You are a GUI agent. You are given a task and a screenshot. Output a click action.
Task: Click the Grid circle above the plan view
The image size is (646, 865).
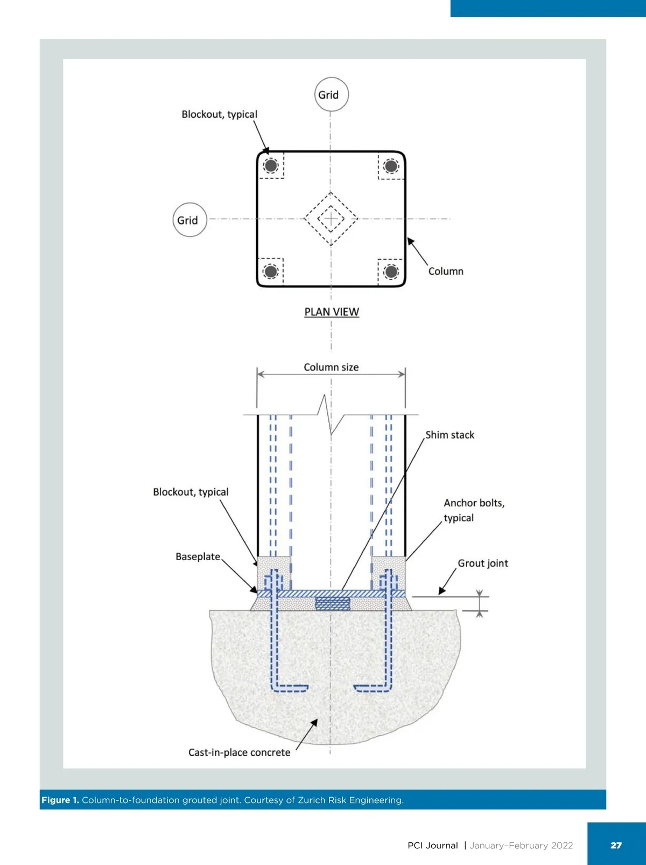pos(331,94)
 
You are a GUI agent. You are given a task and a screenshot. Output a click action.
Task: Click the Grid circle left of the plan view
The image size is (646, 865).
pos(189,220)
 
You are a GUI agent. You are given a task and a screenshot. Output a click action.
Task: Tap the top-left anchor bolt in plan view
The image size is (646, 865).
pos(271,165)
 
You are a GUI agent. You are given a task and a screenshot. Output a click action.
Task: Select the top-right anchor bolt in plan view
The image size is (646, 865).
pos(391,165)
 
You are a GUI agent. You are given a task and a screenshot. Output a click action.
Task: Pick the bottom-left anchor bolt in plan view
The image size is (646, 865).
pos(271,271)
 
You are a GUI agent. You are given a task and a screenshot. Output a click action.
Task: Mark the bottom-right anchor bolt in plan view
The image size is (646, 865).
pos(391,271)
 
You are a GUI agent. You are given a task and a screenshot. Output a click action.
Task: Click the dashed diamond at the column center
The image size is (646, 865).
pos(331,219)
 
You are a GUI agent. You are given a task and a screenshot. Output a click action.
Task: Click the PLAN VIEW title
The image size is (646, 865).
pos(332,312)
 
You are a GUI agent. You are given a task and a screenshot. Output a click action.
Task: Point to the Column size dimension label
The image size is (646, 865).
pos(331,367)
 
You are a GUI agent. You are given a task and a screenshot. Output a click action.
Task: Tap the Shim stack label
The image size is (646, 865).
pos(450,435)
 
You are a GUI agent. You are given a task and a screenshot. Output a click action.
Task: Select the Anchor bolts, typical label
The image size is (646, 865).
pos(474,510)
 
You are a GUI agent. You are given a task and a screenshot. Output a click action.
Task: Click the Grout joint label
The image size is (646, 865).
pos(482,563)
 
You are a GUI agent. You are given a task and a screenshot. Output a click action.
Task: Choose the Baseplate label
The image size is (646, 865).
pos(198,556)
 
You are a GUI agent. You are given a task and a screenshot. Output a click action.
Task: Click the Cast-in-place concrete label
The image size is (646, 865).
pos(239,752)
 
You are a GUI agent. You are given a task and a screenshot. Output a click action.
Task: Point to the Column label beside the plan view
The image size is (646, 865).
pos(446,271)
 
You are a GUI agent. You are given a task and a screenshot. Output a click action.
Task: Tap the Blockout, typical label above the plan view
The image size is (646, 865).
pos(219,114)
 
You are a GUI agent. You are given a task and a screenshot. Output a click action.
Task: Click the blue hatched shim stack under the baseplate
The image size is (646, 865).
pos(332,603)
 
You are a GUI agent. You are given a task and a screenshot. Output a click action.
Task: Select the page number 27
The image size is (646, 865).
pos(616,845)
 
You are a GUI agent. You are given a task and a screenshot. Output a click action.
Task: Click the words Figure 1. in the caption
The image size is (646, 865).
pos(60,800)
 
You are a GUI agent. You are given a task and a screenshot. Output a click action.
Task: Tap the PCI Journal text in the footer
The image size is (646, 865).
pos(432,846)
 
